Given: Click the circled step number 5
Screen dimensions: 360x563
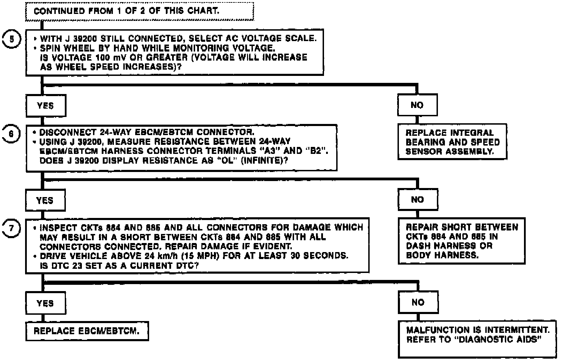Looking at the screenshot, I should [x=12, y=39].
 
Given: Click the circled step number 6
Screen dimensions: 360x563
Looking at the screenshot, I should [x=11, y=134].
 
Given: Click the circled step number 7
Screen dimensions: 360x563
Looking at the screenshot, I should [x=11, y=229].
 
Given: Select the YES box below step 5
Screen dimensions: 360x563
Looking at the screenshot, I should [x=46, y=106].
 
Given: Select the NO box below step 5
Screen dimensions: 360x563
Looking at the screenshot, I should [x=417, y=105].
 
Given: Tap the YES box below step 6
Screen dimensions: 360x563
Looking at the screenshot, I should [x=45, y=201].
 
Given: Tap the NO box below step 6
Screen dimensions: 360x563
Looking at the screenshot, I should [x=417, y=200].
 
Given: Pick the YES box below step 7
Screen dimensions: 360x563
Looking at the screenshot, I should [x=46, y=304].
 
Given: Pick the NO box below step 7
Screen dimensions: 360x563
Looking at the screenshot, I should [x=418, y=302].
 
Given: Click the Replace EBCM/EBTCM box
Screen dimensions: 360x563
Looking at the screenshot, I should [x=87, y=331].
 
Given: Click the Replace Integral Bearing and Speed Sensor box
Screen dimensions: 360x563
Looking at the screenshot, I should [x=452, y=142].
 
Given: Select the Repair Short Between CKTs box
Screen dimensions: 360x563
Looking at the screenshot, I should [x=462, y=241].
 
